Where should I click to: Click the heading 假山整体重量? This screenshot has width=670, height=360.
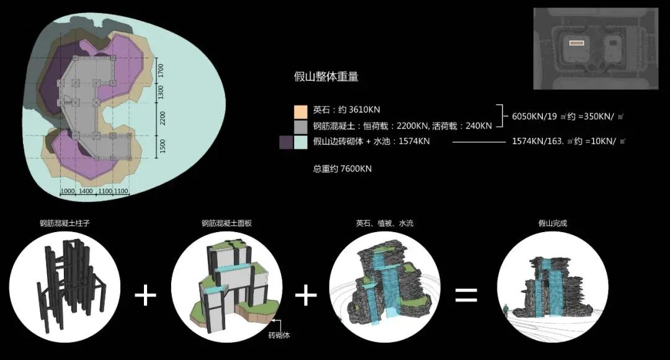(x=326, y=77)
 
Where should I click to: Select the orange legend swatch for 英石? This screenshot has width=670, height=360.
(x=300, y=110)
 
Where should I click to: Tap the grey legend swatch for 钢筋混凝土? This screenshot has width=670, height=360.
(x=300, y=126)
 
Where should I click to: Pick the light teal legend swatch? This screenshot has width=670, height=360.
(x=300, y=142)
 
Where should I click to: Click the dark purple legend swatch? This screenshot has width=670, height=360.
(x=286, y=142)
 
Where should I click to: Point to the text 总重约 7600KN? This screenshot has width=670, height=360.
(x=342, y=169)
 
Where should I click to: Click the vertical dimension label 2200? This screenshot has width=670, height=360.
(x=163, y=119)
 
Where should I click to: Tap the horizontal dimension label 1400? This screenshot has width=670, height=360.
(x=86, y=192)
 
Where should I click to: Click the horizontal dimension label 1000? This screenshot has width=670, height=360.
(x=67, y=192)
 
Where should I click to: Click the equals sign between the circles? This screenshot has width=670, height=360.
(x=466, y=294)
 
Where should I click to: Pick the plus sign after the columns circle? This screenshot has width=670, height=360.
(x=146, y=295)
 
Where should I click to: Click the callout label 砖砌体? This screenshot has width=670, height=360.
(x=279, y=336)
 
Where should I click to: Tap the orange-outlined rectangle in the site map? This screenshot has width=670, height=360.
(x=577, y=43)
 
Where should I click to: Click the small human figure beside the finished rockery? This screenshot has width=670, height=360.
(x=507, y=309)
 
